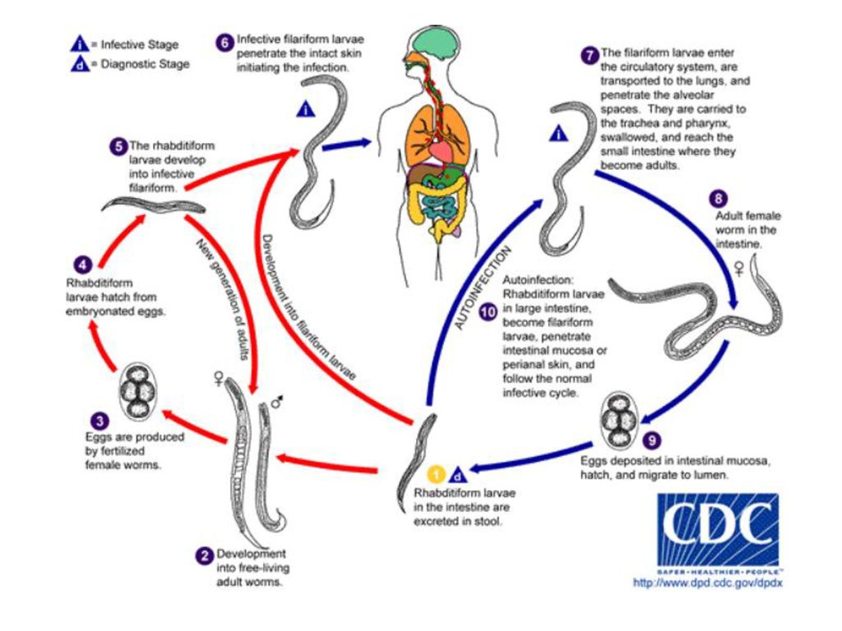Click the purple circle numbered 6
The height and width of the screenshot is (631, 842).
[x=224, y=43]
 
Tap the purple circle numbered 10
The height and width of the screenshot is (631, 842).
[x=488, y=311]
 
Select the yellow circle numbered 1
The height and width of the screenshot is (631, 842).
[x=437, y=474]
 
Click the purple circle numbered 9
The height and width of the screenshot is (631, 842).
[x=652, y=440]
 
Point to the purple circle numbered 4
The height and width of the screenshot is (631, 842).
[x=83, y=265]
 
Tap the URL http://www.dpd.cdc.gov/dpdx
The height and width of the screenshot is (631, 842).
[x=708, y=583]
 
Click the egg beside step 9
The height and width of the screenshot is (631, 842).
[x=619, y=421]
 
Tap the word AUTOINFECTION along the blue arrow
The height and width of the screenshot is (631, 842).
[x=483, y=288]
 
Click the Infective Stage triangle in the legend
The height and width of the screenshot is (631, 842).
[x=80, y=44]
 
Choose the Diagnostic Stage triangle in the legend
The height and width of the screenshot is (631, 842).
[x=80, y=64]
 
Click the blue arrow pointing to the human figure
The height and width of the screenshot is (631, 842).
[x=347, y=145]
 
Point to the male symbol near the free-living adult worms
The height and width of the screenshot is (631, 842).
[x=277, y=402]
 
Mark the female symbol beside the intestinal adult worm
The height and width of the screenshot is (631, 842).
[x=739, y=269]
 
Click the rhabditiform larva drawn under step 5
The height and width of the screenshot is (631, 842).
[x=154, y=205]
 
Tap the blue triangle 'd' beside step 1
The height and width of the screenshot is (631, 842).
[x=458, y=475]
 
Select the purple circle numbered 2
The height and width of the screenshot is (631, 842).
[x=204, y=555]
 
